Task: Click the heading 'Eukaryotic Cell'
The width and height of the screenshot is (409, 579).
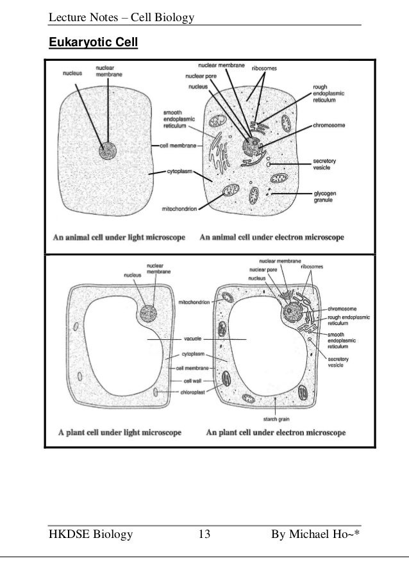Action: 94,44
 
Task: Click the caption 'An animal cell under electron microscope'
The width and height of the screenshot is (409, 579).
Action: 272,237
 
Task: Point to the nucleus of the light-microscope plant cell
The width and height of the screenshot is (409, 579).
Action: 148,314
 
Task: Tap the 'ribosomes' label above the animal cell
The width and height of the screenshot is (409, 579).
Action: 263,67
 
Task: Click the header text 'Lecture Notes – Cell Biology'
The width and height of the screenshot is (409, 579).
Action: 121,15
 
